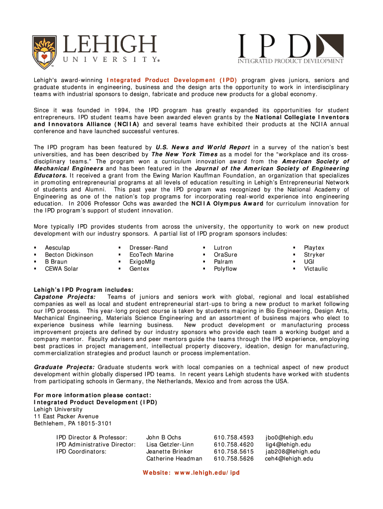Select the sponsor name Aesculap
(x=57, y=248)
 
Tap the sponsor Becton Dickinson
(x=69, y=254)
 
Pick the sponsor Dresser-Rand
(x=148, y=248)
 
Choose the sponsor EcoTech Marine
(x=151, y=254)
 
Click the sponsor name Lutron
(x=223, y=248)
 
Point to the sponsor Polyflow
(x=225, y=268)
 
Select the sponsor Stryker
(x=314, y=254)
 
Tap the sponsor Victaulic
(x=316, y=268)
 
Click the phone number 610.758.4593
(x=234, y=437)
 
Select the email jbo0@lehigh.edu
(x=289, y=437)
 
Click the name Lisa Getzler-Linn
(x=170, y=444)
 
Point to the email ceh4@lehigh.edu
(x=289, y=458)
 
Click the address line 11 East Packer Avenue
(x=66, y=416)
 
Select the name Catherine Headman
(x=174, y=458)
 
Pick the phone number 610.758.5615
(x=234, y=451)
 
